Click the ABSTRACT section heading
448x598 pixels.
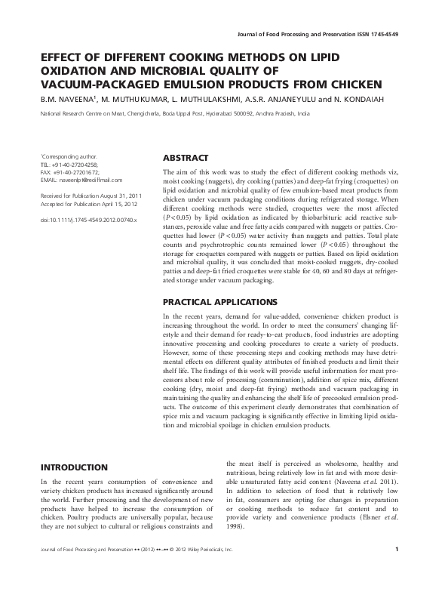coord(186,159)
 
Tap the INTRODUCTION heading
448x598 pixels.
coord(74,467)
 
